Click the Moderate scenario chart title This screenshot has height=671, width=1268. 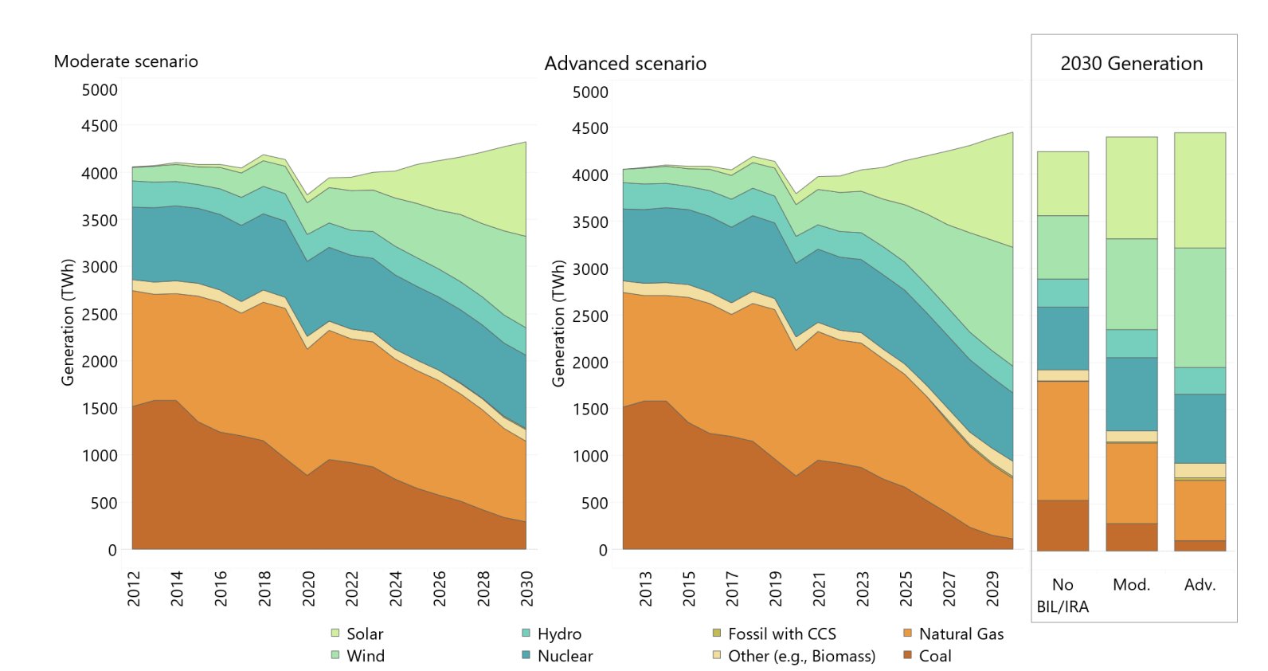pos(126,61)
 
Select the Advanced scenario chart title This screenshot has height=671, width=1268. pos(625,64)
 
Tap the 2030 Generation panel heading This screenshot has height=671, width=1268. pos(1131,64)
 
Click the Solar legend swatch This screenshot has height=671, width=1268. pos(335,634)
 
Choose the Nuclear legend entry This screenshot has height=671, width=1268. pos(564,656)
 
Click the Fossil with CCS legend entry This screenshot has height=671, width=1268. pos(781,634)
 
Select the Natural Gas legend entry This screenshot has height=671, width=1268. pos(961,634)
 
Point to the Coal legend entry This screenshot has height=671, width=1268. pos(934,656)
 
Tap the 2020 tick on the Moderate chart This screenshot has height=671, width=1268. pos(308,588)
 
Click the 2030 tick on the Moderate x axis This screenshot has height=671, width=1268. pos(526,588)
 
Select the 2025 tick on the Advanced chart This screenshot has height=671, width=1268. pos(906,588)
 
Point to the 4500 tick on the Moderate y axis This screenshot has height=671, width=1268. pos(100,126)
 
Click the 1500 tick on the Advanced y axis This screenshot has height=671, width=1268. pos(590,409)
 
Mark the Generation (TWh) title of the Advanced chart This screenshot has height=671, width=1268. pos(558,324)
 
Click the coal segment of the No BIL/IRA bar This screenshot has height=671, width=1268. pos(1063,525)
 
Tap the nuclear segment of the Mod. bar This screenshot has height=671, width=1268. pos(1131,394)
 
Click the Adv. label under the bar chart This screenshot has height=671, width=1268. pos(1200,585)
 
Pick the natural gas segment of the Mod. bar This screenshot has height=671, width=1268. pos(1131,483)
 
